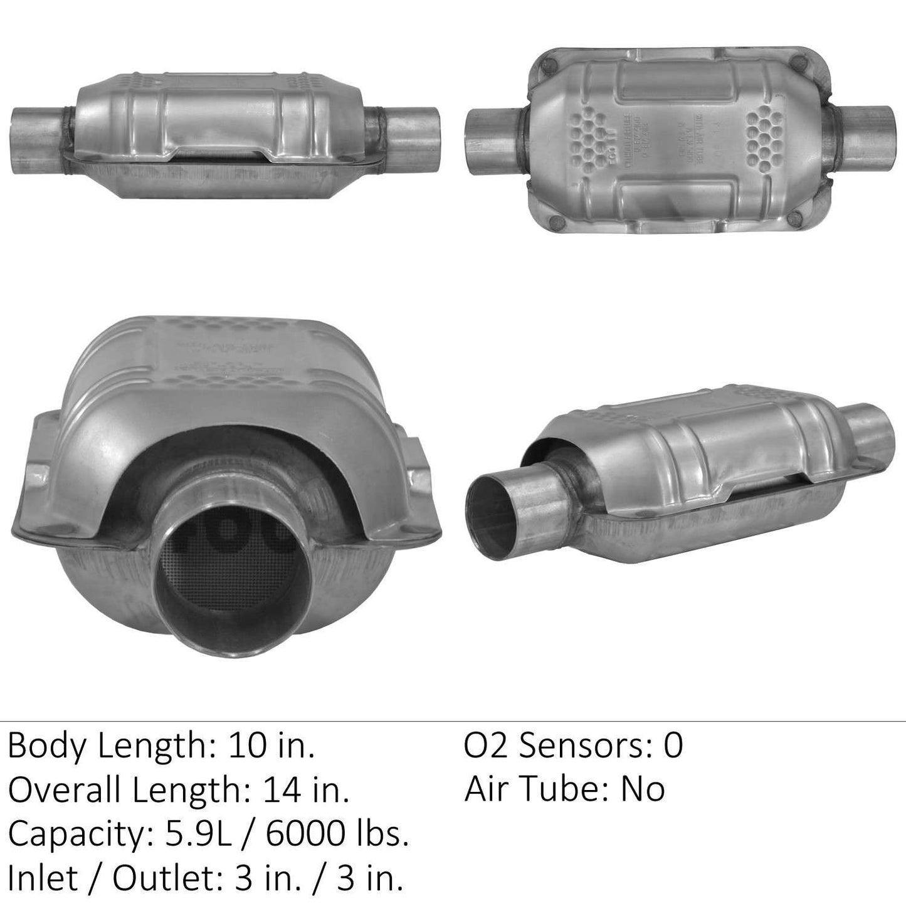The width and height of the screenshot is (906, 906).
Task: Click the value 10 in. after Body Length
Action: click(271, 747)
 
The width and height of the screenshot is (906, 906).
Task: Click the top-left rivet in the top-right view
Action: click(550, 64)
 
